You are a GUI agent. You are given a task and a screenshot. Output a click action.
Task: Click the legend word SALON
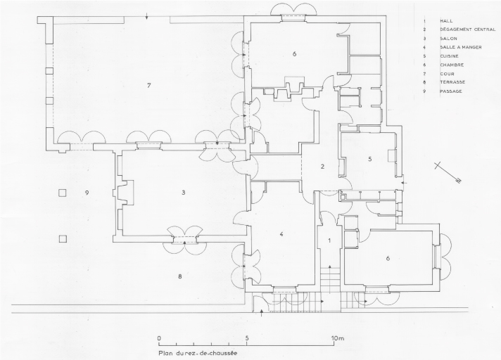(x=448, y=39)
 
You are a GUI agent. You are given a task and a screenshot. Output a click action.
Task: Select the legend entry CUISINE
(x=449, y=56)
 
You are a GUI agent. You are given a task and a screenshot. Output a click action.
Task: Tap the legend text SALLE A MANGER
(x=461, y=47)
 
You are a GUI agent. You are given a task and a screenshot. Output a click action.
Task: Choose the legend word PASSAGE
(x=451, y=91)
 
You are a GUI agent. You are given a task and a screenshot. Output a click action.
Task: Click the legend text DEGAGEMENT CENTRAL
(x=468, y=30)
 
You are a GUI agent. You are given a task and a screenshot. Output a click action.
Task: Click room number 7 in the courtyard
(x=149, y=85)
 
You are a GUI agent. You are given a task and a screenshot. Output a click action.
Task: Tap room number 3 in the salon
(x=184, y=193)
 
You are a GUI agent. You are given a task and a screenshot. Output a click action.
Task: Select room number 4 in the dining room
(x=281, y=234)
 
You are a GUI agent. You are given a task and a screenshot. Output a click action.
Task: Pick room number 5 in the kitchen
(x=370, y=159)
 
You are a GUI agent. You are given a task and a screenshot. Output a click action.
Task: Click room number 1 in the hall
(x=330, y=240)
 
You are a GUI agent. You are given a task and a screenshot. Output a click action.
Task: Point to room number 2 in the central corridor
(x=323, y=166)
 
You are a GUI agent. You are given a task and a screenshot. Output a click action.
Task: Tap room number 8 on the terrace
(x=180, y=276)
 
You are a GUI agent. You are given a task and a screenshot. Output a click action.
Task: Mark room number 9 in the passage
(x=87, y=193)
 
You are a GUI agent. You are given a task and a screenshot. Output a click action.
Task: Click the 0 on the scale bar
(x=159, y=338)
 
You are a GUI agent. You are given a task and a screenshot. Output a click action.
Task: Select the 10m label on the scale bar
(x=338, y=338)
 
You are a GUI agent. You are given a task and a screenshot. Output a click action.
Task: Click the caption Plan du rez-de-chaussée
(x=198, y=353)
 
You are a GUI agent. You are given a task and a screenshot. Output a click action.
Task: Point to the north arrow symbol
(x=448, y=173)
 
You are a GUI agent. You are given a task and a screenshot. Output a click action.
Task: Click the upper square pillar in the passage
(x=63, y=193)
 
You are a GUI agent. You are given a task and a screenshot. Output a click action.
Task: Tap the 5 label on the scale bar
(x=247, y=338)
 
